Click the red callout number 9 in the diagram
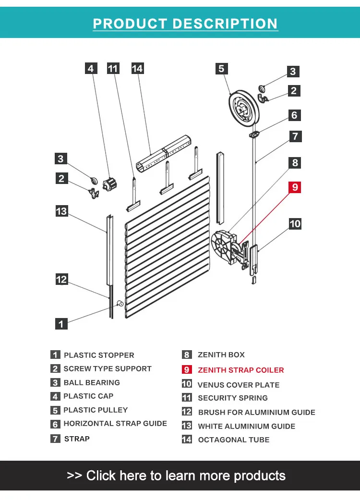click(294, 187)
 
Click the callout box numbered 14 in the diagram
click(137, 69)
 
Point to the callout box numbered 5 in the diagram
click(221, 69)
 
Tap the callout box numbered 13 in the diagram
click(61, 210)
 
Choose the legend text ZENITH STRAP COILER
click(240, 370)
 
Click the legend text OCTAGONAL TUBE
click(233, 440)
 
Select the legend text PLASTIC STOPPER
click(99, 355)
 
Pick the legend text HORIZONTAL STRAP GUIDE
click(115, 423)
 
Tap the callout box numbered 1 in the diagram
click(61, 324)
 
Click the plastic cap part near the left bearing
click(110, 183)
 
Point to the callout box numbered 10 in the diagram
click(295, 223)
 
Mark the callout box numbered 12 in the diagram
click(61, 279)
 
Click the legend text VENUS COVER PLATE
click(238, 385)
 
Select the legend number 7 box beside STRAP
click(56, 438)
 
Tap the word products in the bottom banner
click(259, 476)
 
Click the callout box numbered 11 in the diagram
click(113, 69)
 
